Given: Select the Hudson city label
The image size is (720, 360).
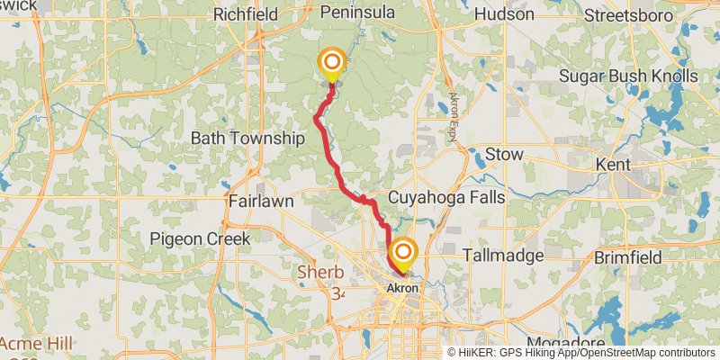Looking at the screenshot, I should (x=504, y=14).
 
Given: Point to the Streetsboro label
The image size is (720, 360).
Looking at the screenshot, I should (x=634, y=14).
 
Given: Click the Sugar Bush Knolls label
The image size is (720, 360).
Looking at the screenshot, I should (x=628, y=76).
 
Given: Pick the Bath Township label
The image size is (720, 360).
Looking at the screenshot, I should (x=247, y=139).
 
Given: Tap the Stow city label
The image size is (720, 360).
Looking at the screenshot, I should (x=504, y=155).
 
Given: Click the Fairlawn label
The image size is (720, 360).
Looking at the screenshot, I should (x=261, y=202).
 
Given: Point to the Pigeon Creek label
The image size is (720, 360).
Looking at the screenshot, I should (x=200, y=238).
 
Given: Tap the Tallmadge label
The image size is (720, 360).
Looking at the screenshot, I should (x=504, y=256).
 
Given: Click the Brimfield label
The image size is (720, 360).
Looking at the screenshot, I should (x=630, y=257).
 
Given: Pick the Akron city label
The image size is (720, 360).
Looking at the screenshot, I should (x=402, y=288).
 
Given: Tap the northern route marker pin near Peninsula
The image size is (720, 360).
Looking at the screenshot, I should (x=332, y=62).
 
